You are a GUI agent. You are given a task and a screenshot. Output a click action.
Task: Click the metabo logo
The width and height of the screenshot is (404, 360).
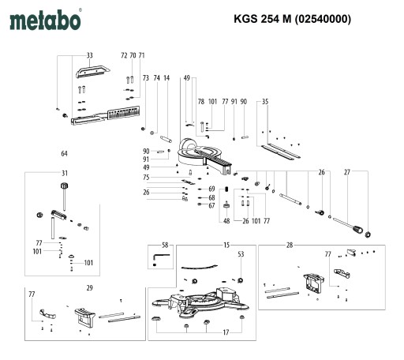45,20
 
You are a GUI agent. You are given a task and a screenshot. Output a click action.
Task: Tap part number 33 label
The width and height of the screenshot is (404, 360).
90,55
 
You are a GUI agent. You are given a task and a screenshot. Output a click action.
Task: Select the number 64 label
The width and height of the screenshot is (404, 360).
64,153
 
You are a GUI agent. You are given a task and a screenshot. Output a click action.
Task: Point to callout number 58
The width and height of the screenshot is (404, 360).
165,246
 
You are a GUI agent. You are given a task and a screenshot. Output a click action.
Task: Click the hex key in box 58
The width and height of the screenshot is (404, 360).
161,258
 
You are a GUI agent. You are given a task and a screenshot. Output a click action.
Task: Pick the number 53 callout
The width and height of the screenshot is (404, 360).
241,254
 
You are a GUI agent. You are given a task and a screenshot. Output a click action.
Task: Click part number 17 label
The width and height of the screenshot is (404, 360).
226,332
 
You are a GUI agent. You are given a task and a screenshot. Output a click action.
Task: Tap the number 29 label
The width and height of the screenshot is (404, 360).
89,288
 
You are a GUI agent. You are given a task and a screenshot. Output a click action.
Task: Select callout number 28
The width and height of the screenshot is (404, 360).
290,246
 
